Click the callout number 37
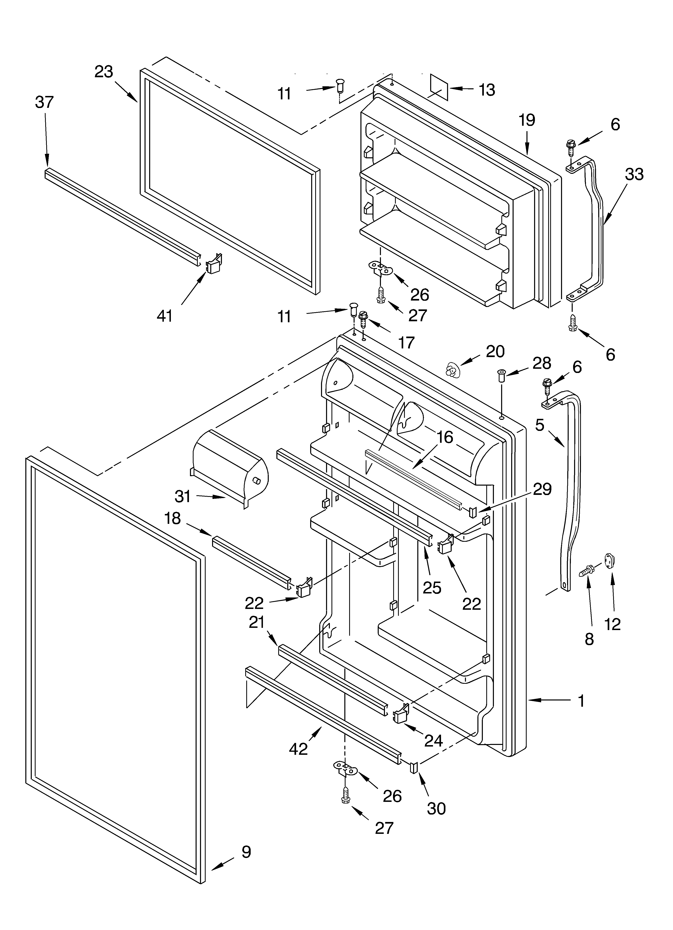[44, 102]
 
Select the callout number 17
[406, 342]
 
